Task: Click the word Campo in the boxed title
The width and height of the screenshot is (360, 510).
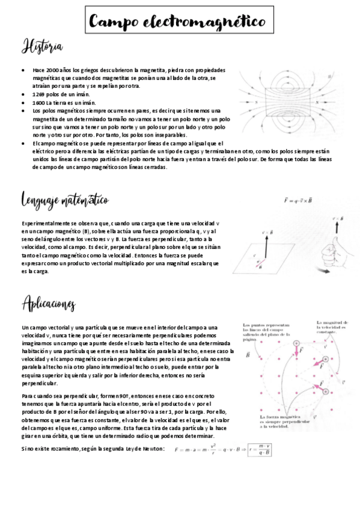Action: [114, 22]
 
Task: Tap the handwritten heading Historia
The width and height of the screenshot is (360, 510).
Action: [41, 46]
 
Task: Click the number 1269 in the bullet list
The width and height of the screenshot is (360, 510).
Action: [40, 94]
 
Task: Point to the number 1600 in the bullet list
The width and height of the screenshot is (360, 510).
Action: [40, 103]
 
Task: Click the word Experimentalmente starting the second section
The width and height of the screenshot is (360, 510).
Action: [43, 223]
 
